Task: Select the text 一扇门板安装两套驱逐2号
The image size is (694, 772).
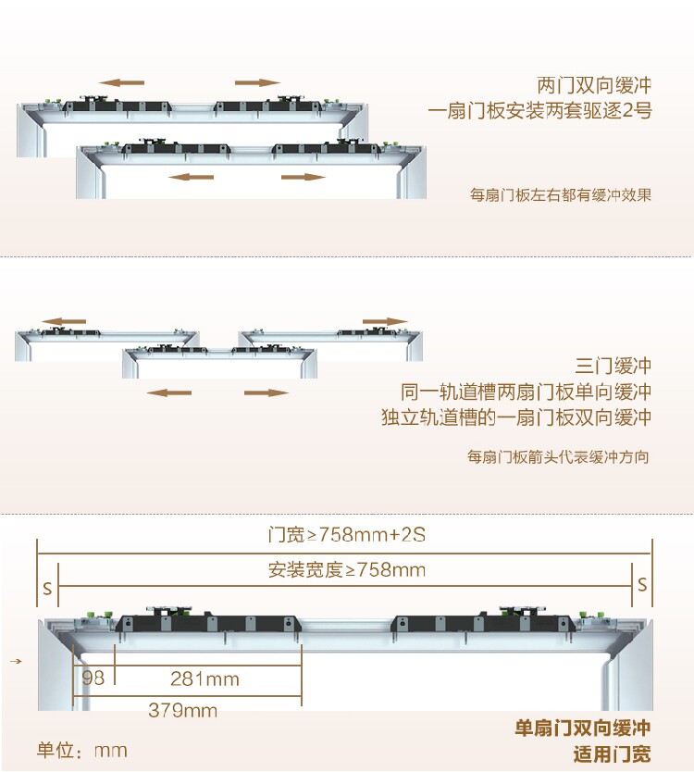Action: (540, 112)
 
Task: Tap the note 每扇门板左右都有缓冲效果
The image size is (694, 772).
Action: (561, 195)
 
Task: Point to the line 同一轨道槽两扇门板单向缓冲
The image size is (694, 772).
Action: (526, 391)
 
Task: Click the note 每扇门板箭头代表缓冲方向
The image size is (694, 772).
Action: (559, 457)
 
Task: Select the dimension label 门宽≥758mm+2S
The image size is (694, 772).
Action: (346, 535)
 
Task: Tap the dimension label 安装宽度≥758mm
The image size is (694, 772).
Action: (347, 570)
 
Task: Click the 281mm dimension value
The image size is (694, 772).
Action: (204, 679)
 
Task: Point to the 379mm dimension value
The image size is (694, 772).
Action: (182, 711)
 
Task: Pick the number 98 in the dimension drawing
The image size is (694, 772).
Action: (93, 679)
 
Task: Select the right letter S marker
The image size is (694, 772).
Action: (642, 583)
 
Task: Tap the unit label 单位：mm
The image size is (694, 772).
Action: (81, 750)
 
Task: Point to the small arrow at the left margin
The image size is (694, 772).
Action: (16, 662)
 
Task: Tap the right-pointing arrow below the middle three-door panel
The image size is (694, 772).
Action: (266, 392)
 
